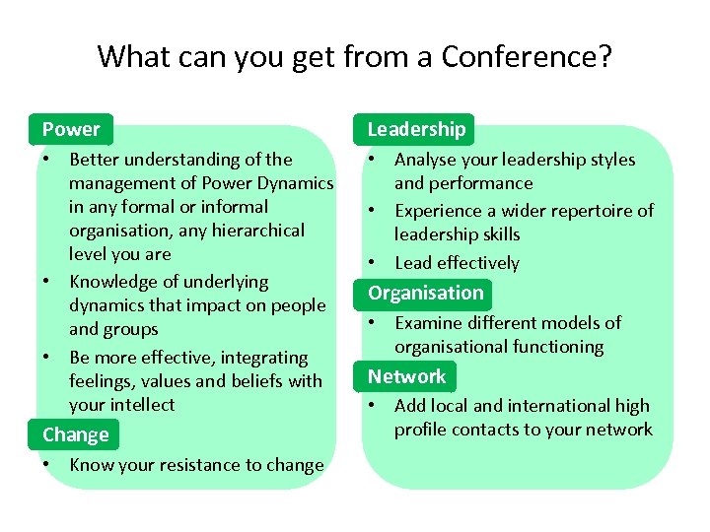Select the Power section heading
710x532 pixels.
[x=71, y=129]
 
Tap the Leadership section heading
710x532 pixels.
[x=416, y=129]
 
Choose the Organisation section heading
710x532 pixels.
[x=426, y=293]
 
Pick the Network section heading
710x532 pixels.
[x=407, y=376]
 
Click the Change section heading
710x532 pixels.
[x=76, y=434]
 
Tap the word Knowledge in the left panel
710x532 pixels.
[x=114, y=282]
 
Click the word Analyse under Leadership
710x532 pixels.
[x=426, y=160]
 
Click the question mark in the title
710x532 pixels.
[x=604, y=56]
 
